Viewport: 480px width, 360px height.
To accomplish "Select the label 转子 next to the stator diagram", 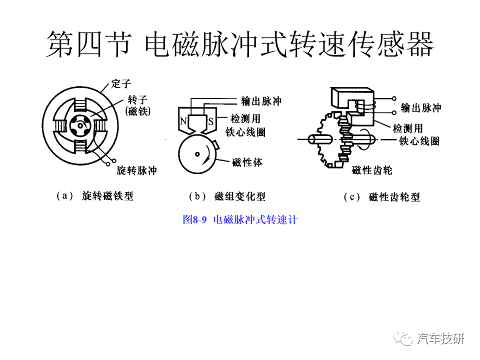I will (137, 99).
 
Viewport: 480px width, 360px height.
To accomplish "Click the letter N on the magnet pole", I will (183, 121).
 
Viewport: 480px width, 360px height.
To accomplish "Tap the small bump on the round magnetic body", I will (215, 144).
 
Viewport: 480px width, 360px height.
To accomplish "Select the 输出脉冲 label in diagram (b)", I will (261, 101).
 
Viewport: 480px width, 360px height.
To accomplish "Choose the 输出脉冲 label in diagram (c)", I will (421, 107).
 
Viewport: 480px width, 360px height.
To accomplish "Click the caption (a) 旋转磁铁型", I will (95, 196).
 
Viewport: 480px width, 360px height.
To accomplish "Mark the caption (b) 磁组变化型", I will (227, 196).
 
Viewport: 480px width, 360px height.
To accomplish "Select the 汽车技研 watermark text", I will (440, 339).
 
